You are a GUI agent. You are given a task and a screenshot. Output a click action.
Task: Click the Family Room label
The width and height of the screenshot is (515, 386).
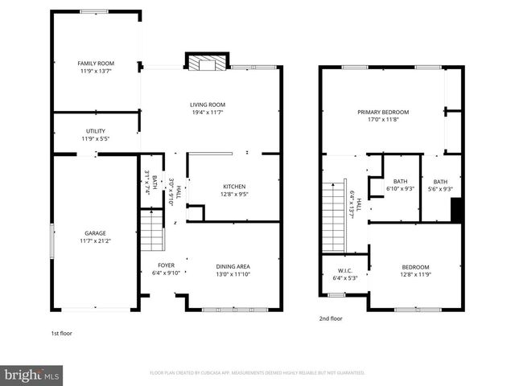(96, 63)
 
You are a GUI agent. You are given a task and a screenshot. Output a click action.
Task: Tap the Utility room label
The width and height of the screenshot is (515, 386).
(96, 131)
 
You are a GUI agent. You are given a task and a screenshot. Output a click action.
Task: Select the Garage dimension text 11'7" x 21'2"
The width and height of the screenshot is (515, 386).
(96, 240)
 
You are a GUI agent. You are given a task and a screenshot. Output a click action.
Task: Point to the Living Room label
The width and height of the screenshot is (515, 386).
(207, 105)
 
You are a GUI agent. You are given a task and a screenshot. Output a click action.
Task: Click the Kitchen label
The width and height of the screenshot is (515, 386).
(234, 187)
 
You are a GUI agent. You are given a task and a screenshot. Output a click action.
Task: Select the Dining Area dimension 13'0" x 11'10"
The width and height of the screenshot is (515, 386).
(233, 274)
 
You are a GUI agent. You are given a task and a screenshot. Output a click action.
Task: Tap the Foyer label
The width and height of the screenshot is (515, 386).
(167, 265)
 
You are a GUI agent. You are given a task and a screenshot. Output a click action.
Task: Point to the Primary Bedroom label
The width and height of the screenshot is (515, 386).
(383, 112)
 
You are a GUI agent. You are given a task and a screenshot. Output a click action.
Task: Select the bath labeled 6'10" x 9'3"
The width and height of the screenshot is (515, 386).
(401, 185)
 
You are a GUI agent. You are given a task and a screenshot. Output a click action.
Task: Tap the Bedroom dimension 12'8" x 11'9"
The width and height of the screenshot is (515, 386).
(416, 275)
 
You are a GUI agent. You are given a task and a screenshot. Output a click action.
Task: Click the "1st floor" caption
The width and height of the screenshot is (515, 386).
(61, 333)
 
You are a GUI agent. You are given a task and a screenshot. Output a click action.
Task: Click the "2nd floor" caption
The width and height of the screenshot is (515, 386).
(331, 318)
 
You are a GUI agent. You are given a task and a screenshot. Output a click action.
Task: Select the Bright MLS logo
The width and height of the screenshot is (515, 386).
(32, 374)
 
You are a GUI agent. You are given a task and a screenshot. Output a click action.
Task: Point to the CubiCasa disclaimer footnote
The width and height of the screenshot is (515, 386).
(257, 373)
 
